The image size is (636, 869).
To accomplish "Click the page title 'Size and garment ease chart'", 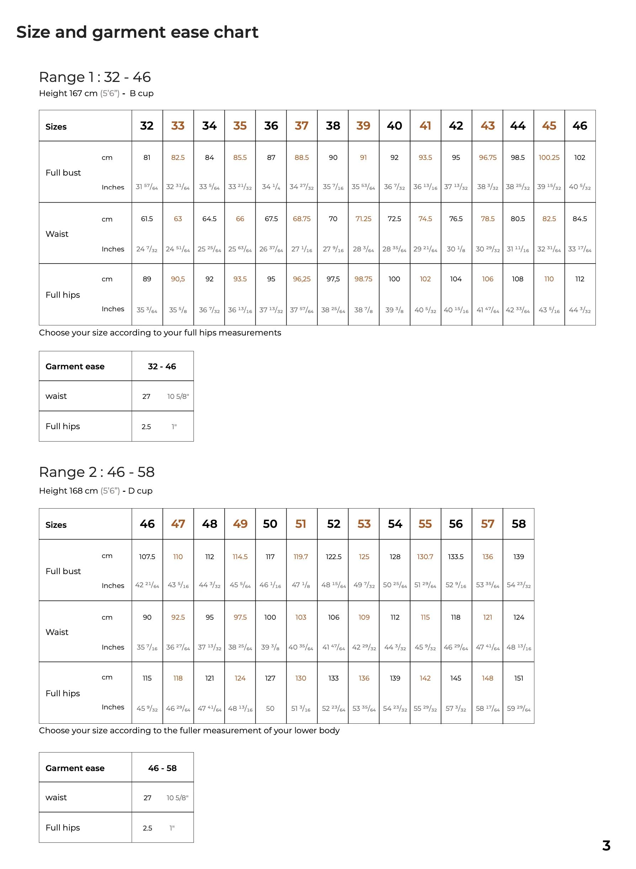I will coord(137,32).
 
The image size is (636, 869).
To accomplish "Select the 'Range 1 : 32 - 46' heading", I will coord(95,77).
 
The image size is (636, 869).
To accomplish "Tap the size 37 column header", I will coord(301,126).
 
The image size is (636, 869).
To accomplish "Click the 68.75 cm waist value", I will coord(301,219).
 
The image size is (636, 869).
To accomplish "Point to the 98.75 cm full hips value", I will coord(363,279).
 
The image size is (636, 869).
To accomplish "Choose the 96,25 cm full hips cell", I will coord(301,279).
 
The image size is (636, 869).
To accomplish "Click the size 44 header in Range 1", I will coord(518,126).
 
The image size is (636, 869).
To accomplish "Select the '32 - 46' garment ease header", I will coord(162,366).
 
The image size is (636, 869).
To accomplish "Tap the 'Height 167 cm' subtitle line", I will coord(96,94).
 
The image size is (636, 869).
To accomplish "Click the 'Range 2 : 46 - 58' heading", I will coord(97,472).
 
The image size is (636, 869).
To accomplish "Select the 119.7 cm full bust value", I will coord(301,557).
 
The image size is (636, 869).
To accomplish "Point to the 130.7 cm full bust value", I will coord(425,557).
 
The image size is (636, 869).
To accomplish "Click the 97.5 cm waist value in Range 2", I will coord(240,617).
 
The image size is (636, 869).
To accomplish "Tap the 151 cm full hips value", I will coord(518,678).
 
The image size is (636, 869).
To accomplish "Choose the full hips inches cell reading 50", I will coord(270,709).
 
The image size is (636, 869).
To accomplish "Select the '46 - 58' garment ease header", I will coord(162,769).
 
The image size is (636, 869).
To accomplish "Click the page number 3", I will coord(606,846).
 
